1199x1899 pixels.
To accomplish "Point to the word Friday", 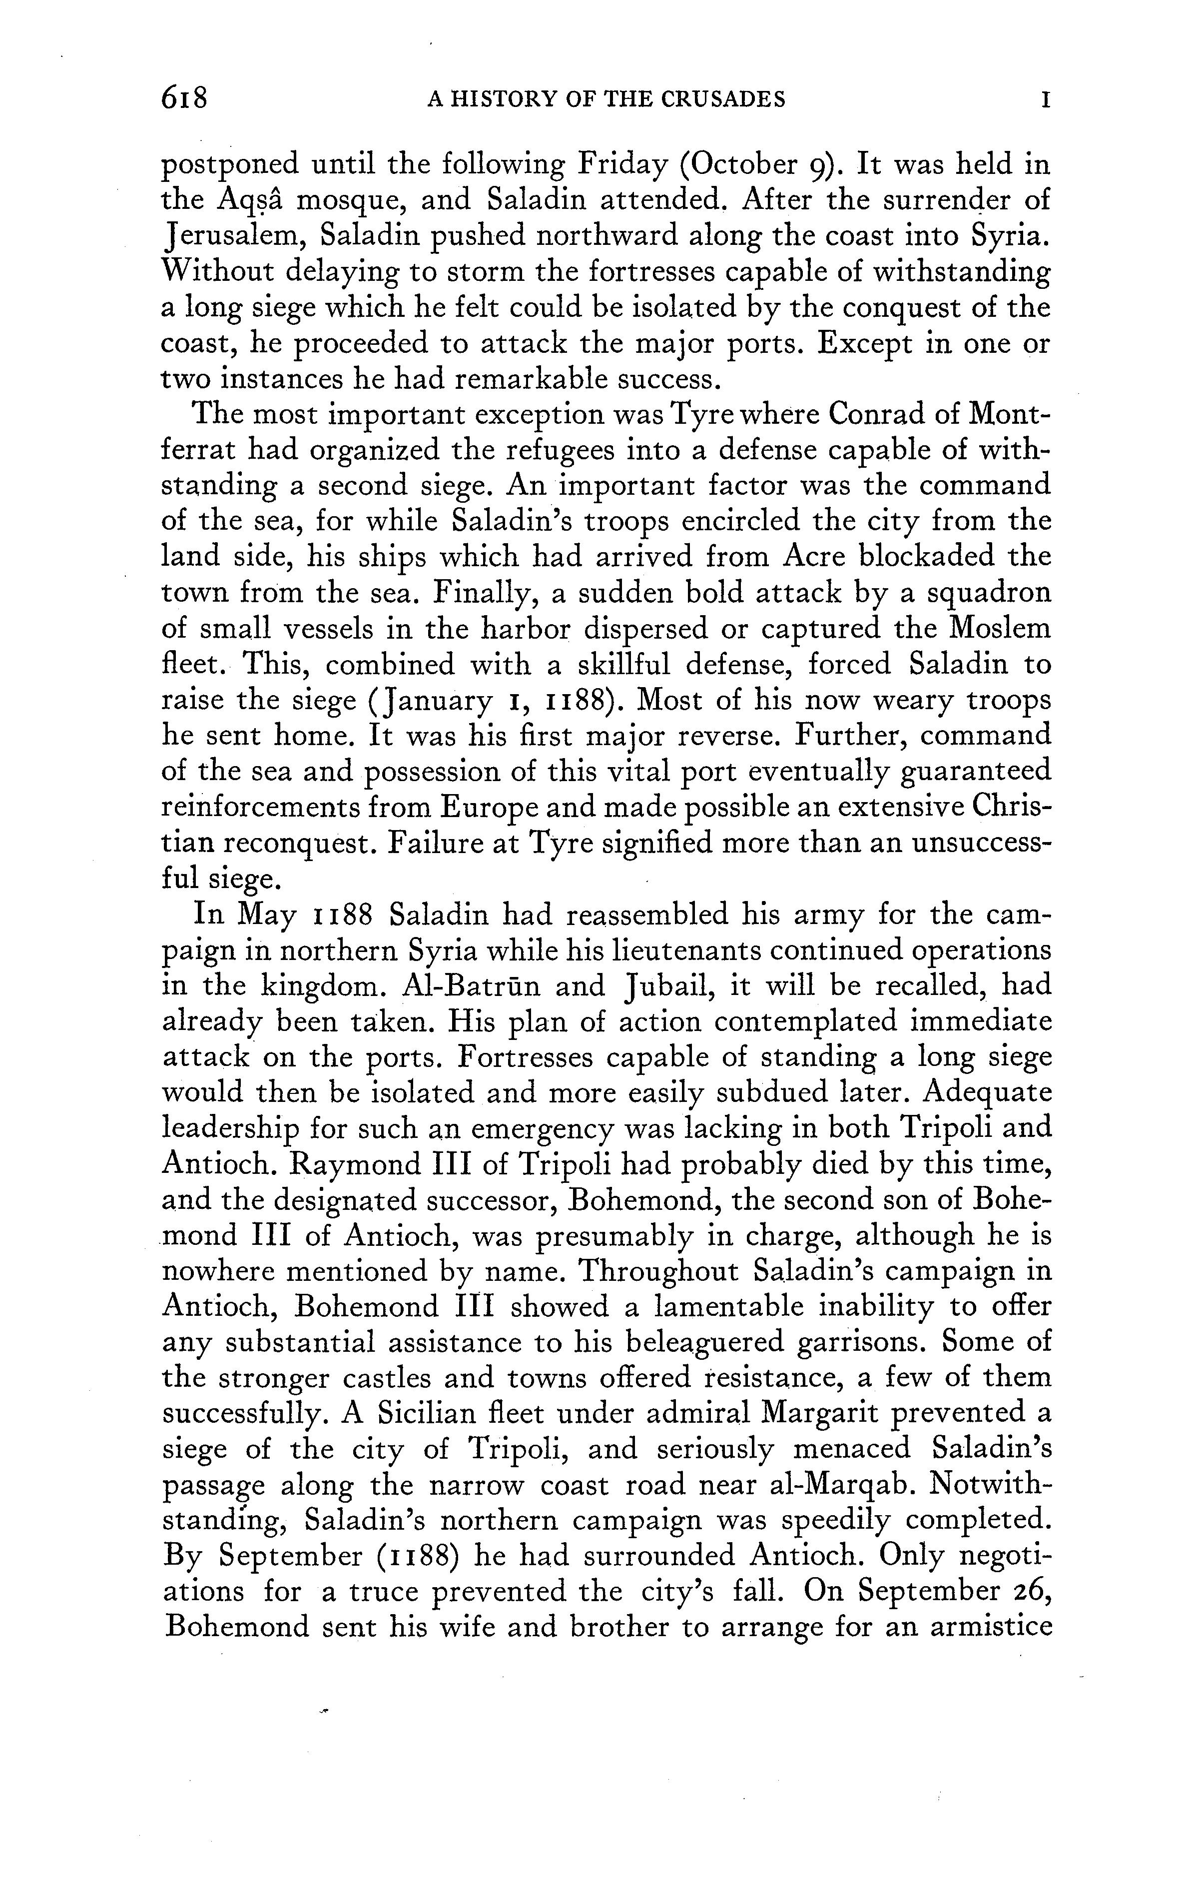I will [626, 165].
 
